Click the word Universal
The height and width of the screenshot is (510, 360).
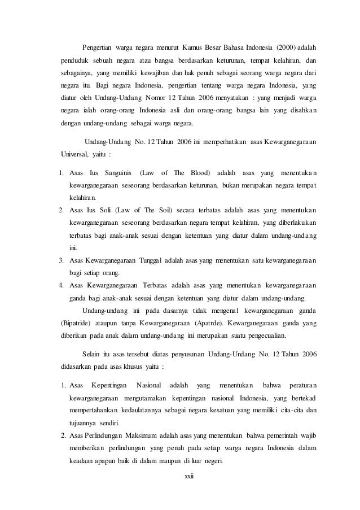(75, 153)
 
